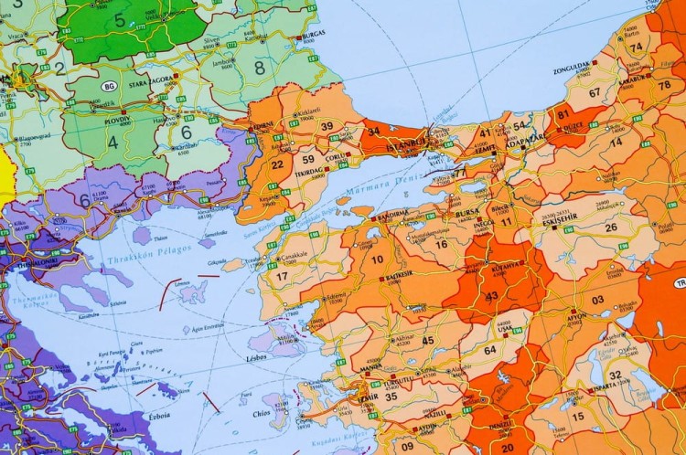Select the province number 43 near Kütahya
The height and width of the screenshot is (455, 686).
(x=492, y=295)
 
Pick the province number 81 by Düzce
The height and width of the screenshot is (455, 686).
(x=563, y=116)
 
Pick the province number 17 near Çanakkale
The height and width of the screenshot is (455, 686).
(x=282, y=275)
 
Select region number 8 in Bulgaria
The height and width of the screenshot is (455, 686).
(x=259, y=67)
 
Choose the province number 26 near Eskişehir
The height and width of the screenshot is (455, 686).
(x=610, y=227)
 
